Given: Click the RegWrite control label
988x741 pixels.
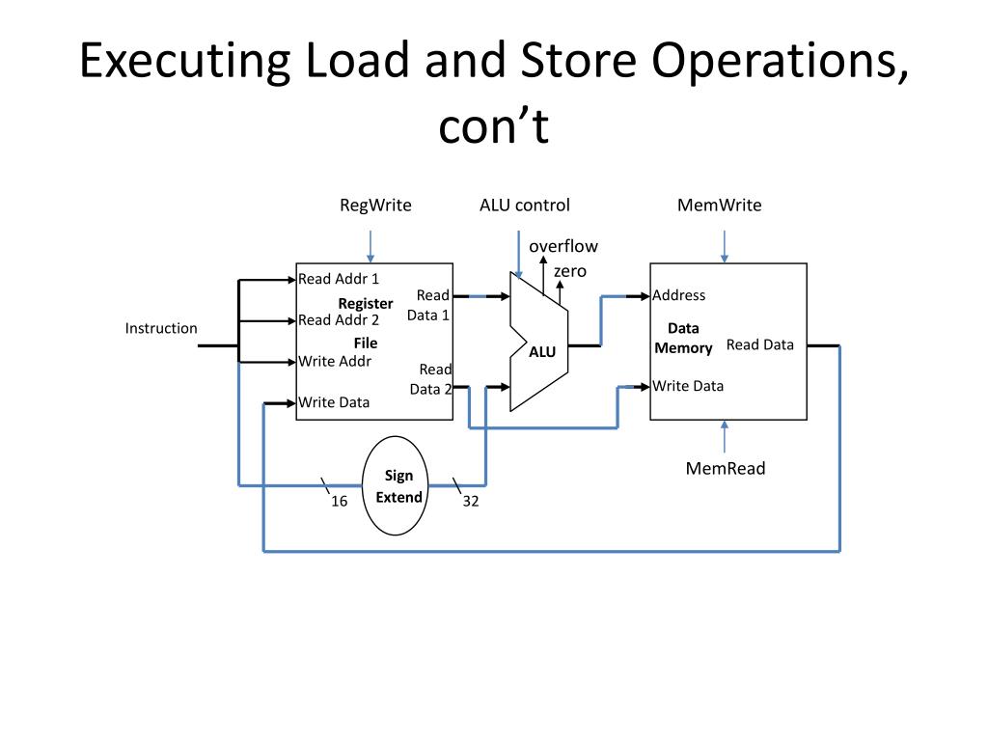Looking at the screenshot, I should tap(375, 205).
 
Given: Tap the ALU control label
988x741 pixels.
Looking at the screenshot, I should tap(524, 205).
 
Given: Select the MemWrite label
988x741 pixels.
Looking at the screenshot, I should tap(719, 205).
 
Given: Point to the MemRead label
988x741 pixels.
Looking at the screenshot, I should tap(726, 469).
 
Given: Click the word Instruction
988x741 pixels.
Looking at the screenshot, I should tap(161, 328).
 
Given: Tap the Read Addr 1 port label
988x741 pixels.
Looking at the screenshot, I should tap(339, 279).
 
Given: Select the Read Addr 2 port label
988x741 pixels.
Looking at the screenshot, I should tap(339, 320).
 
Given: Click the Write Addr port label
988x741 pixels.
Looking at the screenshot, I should tap(335, 362).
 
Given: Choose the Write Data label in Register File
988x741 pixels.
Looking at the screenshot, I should tap(334, 402).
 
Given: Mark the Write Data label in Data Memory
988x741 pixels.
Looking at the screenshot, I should tap(688, 386).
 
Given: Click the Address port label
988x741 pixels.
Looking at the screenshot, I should tap(679, 295).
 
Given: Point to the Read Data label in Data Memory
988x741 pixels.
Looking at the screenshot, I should tap(760, 344).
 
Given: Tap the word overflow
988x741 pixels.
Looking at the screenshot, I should tap(563, 246).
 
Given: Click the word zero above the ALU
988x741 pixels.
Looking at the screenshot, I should tap(570, 271).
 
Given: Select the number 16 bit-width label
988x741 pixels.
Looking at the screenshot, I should tap(340, 501).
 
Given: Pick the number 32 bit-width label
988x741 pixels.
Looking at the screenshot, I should tap(471, 501).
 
